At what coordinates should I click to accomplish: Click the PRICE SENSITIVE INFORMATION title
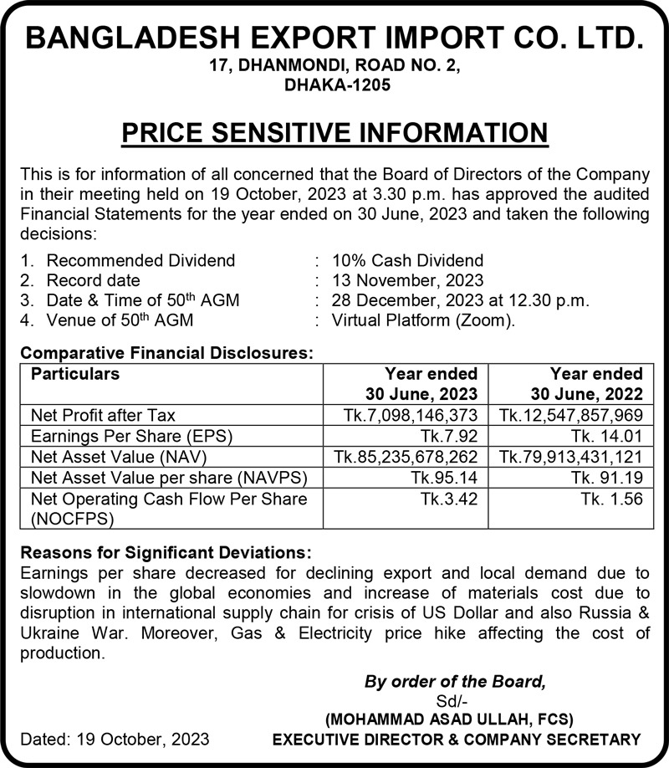coord(334,132)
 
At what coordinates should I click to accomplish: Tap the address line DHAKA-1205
coord(334,85)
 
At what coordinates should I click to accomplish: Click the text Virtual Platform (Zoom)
coord(423,320)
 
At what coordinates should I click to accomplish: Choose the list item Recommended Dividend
coord(140,261)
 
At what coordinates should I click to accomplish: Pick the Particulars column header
coord(75,374)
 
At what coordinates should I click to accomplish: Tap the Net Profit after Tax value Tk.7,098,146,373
coord(411,415)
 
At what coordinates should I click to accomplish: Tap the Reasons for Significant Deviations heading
coord(166,553)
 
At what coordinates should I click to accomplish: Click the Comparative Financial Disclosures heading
coord(166,354)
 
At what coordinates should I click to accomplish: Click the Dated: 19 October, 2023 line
coord(115,740)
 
